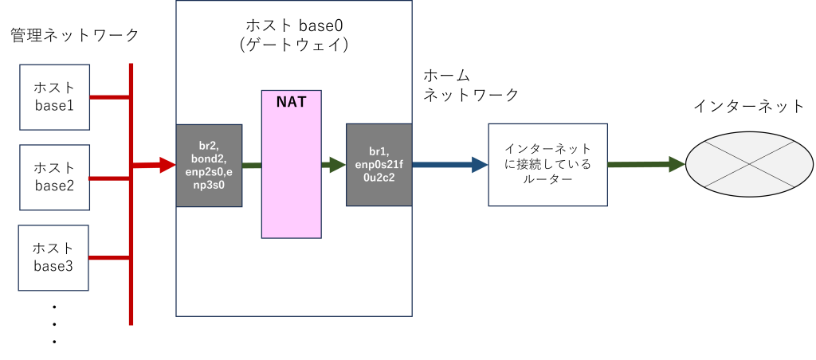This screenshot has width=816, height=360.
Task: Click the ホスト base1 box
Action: tap(54, 96)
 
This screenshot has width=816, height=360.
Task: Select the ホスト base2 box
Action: tap(54, 178)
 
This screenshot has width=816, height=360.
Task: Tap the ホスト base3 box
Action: tap(54, 257)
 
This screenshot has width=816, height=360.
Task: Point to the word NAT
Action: tap(291, 102)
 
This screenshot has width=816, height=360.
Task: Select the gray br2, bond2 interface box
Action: tap(209, 165)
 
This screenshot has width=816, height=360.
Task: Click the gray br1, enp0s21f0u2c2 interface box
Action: tap(379, 165)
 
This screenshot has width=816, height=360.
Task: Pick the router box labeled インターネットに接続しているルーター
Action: tap(548, 165)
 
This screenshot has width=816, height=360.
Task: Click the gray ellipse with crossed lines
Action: tap(748, 165)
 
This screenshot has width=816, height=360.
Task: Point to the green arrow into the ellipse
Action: tap(645, 165)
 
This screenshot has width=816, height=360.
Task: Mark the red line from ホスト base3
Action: tap(108, 258)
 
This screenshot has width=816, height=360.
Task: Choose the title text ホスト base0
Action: tap(294, 26)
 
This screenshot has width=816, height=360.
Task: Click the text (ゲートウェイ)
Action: tap(294, 45)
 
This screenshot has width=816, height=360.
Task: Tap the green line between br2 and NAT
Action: tap(252, 165)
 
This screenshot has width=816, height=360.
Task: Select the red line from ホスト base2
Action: tap(108, 178)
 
